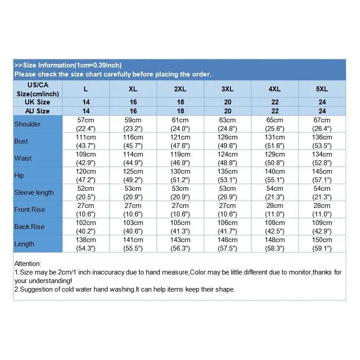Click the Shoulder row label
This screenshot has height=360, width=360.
27,124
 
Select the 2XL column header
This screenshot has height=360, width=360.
180,89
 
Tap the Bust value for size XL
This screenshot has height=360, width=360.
133,141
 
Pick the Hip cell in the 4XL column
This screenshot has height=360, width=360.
275,175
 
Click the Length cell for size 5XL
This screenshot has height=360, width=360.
322,244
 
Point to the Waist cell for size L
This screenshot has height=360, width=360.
86,158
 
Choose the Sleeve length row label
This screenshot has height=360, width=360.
34,193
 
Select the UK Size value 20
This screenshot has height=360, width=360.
228,102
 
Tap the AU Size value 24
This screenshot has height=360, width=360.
322,111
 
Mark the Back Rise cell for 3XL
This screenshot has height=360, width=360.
228,227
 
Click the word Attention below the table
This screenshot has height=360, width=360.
27,264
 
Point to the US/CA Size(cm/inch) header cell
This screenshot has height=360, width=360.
38,89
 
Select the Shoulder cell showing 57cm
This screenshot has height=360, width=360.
86,124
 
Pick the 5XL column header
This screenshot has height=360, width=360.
322,89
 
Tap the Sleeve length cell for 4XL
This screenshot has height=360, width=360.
275,193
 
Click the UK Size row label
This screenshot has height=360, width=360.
38,102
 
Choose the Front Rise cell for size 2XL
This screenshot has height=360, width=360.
180,210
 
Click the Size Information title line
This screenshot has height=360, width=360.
68,65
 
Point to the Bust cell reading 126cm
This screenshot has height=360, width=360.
228,141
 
